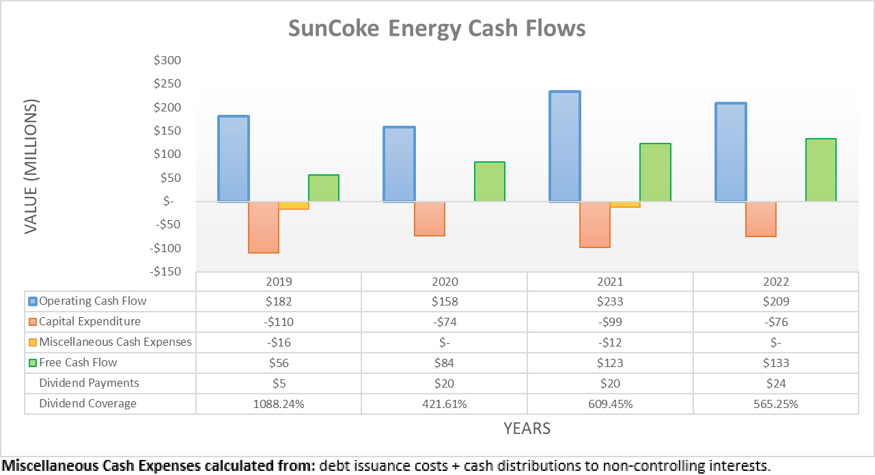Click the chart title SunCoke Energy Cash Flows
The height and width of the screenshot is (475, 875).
point(436,29)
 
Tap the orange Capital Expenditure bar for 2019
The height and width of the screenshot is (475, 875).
point(264,227)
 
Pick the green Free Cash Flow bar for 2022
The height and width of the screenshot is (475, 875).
point(821,170)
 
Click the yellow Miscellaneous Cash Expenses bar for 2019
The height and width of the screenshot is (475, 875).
point(294,205)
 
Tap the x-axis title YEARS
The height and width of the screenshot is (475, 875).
point(527,429)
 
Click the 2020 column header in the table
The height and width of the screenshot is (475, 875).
point(444,282)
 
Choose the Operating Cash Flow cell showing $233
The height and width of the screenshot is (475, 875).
point(610,301)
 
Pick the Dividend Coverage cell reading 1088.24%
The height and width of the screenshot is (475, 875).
point(278,404)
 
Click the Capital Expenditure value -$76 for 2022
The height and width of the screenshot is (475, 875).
point(776,322)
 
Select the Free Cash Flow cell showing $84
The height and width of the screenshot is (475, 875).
point(444,363)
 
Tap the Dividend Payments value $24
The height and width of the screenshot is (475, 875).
point(776,383)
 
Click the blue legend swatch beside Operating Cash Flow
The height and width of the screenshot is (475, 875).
point(33,301)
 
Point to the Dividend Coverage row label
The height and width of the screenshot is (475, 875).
point(87,403)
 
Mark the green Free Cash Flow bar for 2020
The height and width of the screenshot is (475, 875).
point(490,182)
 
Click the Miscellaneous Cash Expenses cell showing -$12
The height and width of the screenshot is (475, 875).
point(610,342)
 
